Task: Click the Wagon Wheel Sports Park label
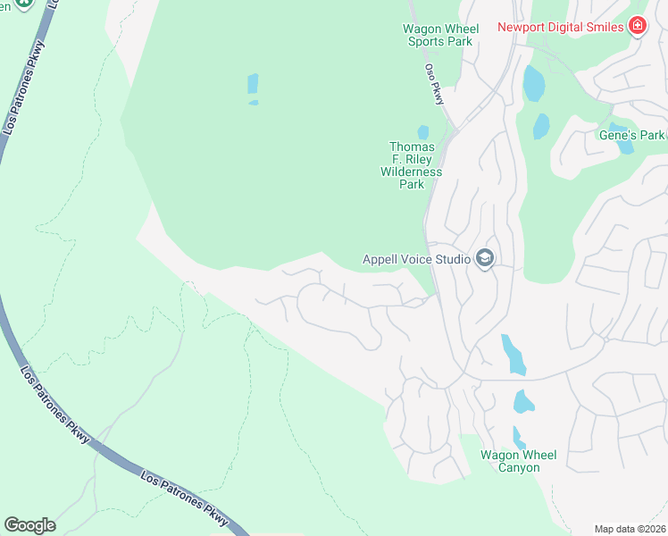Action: pyautogui.click(x=440, y=35)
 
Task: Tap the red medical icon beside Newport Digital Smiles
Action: pyautogui.click(x=637, y=25)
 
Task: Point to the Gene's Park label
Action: pyautogui.click(x=632, y=135)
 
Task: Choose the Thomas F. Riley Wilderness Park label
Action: pyautogui.click(x=412, y=165)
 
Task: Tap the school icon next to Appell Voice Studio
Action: pyautogui.click(x=485, y=259)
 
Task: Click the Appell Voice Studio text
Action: pyautogui.click(x=416, y=260)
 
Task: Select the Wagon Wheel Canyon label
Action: pyautogui.click(x=518, y=461)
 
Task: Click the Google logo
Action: pyautogui.click(x=29, y=525)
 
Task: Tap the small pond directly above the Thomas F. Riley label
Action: pyautogui.click(x=422, y=132)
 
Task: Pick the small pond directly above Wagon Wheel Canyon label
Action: pyautogui.click(x=519, y=437)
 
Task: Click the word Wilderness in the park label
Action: pyautogui.click(x=412, y=172)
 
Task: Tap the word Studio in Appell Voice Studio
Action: pyautogui.click(x=452, y=260)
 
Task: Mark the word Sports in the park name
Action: pyautogui.click(x=426, y=41)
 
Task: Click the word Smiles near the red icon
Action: pyautogui.click(x=604, y=27)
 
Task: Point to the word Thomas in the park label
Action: pyautogui.click(x=412, y=147)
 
